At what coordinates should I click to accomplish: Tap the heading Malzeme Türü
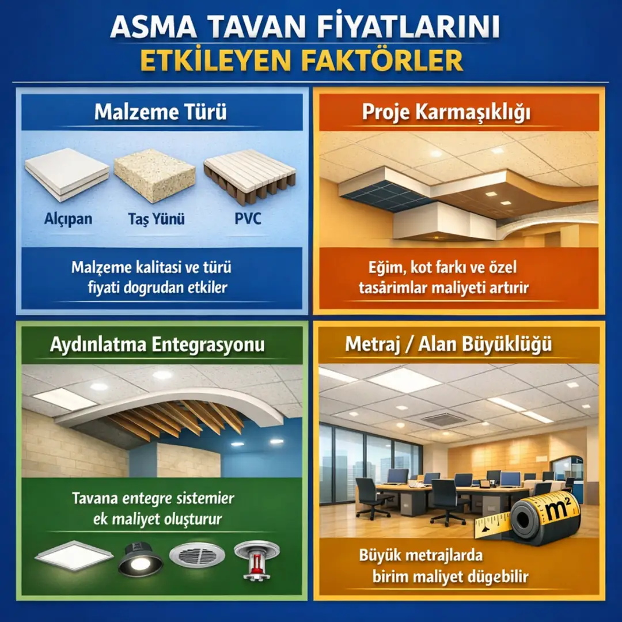(x=160, y=112)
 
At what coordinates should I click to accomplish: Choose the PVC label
(x=248, y=219)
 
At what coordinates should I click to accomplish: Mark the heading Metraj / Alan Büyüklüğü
(x=449, y=344)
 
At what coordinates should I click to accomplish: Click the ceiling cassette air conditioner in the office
(x=444, y=419)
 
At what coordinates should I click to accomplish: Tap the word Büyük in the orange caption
(x=380, y=556)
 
